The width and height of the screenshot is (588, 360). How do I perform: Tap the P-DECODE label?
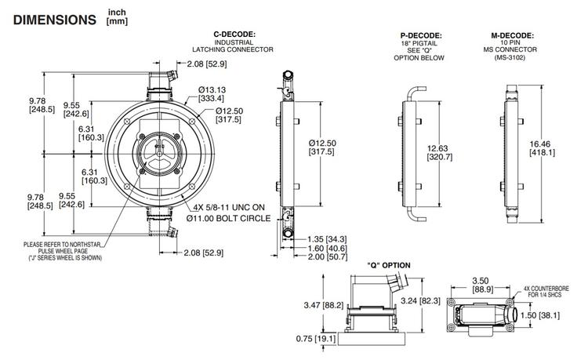tap(422, 35)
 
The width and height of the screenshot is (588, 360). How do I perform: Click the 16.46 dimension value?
tap(557, 144)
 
